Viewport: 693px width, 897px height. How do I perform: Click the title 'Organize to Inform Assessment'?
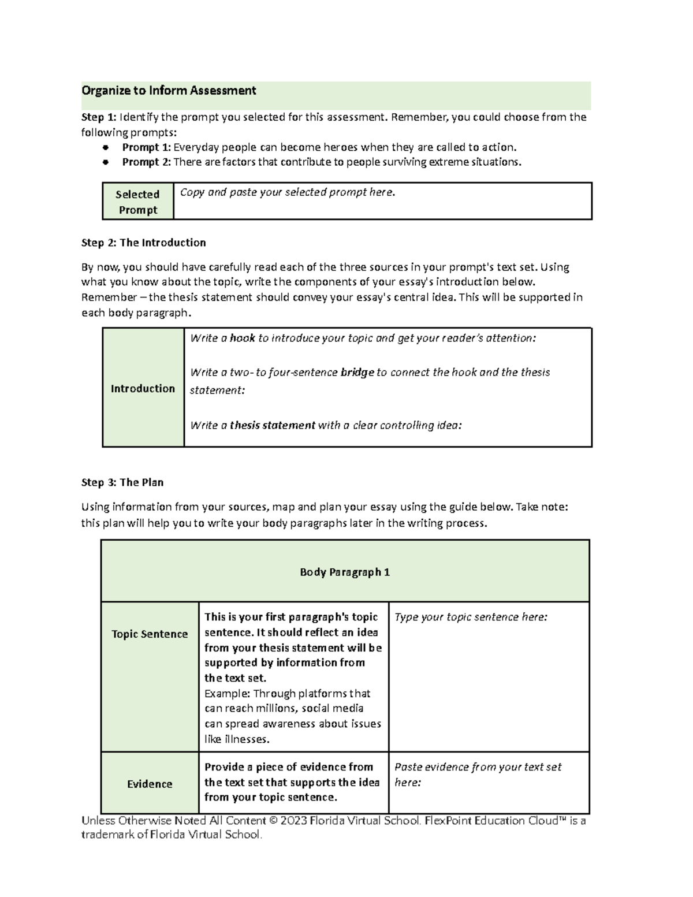(x=169, y=91)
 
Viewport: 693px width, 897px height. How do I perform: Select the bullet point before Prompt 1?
(x=106, y=147)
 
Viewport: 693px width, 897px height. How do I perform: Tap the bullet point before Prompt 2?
(x=106, y=162)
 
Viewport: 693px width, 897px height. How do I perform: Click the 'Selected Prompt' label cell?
(x=137, y=202)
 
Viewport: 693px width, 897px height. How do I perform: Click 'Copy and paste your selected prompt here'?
(x=287, y=192)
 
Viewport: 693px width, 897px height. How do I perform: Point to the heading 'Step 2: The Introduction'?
(x=143, y=243)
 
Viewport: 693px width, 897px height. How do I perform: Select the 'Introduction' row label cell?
(x=143, y=388)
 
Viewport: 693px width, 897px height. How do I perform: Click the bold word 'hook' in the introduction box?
(x=242, y=338)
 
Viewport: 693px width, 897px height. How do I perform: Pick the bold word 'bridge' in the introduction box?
(x=357, y=373)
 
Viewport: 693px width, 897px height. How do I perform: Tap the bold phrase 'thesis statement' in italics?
(x=272, y=426)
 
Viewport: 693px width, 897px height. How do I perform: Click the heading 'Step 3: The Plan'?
(x=122, y=482)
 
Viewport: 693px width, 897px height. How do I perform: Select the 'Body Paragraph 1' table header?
(x=345, y=572)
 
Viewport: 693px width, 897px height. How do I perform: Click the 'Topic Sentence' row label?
(x=150, y=634)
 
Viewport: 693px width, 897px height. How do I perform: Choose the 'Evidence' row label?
(x=150, y=784)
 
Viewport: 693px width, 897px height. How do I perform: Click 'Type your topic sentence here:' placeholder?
(x=471, y=617)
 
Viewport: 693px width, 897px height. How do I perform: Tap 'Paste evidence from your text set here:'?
(x=478, y=775)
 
